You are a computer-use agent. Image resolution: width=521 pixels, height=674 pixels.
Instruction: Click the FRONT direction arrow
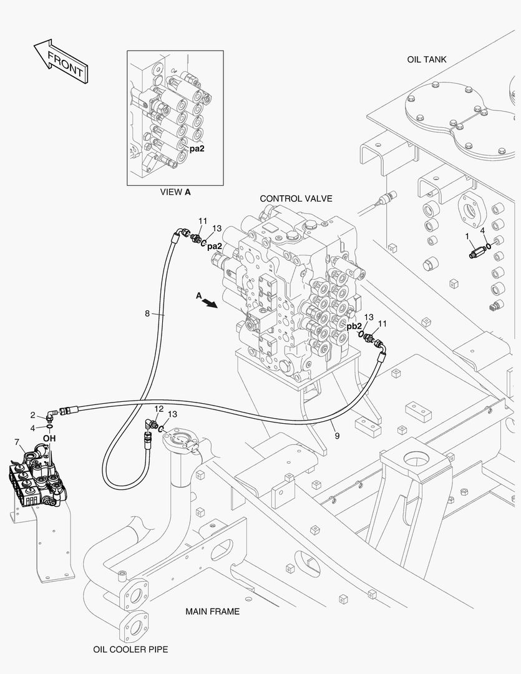pyautogui.click(x=61, y=61)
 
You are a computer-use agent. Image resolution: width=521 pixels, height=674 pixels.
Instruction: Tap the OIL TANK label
pyautogui.click(x=426, y=60)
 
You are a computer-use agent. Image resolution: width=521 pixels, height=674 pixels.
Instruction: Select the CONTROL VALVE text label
pyautogui.click(x=296, y=198)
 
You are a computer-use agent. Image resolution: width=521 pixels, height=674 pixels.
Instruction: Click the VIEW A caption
pyautogui.click(x=175, y=192)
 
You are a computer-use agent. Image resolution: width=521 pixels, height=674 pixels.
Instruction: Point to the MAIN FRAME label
pyautogui.click(x=212, y=611)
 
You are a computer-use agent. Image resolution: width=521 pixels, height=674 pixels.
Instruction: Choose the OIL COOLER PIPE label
pyautogui.click(x=130, y=650)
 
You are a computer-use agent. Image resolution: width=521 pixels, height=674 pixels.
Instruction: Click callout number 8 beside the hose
pyautogui.click(x=147, y=314)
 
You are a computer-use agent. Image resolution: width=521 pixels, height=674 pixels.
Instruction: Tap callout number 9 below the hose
pyautogui.click(x=337, y=436)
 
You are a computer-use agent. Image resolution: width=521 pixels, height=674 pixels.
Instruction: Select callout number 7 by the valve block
pyautogui.click(x=17, y=442)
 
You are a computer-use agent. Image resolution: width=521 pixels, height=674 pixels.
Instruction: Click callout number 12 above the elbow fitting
pyautogui.click(x=159, y=408)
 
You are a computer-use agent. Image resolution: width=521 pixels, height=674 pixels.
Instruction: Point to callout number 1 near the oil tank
pyautogui.click(x=467, y=237)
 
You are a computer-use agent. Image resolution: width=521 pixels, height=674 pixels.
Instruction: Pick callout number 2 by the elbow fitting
pyautogui.click(x=32, y=415)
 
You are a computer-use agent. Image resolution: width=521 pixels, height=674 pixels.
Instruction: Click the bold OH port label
pyautogui.click(x=49, y=439)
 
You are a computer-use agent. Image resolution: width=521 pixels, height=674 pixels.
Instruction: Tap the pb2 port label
pyautogui.click(x=354, y=326)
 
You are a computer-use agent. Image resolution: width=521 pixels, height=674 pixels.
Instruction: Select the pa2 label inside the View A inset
pyautogui.click(x=197, y=149)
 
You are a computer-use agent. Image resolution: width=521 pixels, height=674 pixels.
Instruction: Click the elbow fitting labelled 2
pyautogui.click(x=51, y=415)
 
